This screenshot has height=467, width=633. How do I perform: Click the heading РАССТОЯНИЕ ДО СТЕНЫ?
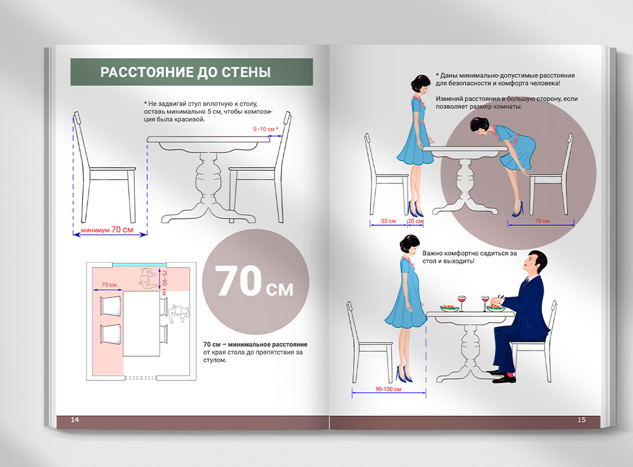click(185, 72)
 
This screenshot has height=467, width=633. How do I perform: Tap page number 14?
click(75, 420)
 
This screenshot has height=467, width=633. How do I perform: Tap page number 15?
click(581, 420)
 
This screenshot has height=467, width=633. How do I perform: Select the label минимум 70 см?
click(107, 230)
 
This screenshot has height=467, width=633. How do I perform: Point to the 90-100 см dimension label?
click(389, 389)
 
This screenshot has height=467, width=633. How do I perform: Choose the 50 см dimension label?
click(389, 221)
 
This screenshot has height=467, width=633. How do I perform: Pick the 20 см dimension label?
click(415, 221)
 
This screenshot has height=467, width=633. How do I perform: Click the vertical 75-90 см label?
click(165, 282)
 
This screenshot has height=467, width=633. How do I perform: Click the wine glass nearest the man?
click(485, 303)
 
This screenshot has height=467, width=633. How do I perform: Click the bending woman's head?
click(480, 125)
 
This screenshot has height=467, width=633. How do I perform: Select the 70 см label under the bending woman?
click(542, 221)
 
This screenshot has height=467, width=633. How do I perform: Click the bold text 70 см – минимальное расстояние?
click(255, 344)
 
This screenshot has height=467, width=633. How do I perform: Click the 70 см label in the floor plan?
click(109, 285)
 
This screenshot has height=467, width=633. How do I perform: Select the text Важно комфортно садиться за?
click(470, 254)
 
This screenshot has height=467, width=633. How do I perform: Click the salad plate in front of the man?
click(496, 308)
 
